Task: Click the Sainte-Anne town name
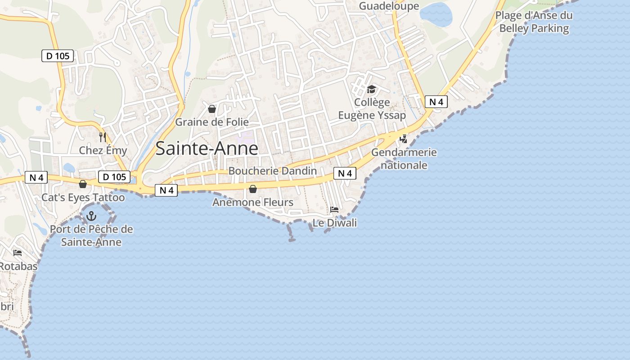click(x=207, y=148)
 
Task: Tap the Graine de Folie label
click(x=211, y=122)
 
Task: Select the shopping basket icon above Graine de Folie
click(x=212, y=109)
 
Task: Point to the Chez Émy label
click(x=103, y=150)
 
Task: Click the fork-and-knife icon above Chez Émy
click(x=103, y=136)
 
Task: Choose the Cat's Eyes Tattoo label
click(x=83, y=197)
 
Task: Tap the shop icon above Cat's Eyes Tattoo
click(x=83, y=184)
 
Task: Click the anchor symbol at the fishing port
click(x=91, y=216)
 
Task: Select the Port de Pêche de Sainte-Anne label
click(x=91, y=235)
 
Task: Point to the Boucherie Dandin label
click(x=273, y=171)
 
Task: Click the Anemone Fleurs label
click(x=253, y=202)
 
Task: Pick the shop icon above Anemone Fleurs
click(x=253, y=189)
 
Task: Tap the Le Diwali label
click(x=335, y=223)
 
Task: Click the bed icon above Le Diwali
click(x=334, y=210)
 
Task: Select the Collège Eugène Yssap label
click(x=372, y=109)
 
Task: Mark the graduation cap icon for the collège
click(x=371, y=89)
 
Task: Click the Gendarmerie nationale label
click(x=404, y=158)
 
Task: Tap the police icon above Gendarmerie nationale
click(x=403, y=139)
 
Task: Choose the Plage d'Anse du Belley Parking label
click(x=534, y=22)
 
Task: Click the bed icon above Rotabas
click(x=18, y=253)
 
